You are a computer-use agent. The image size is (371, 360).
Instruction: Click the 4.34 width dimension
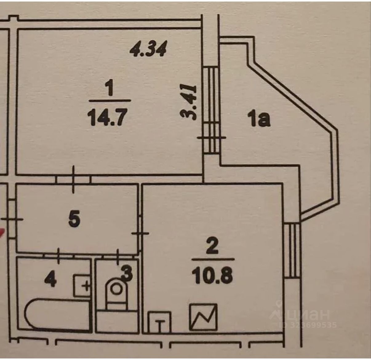click(x=148, y=49)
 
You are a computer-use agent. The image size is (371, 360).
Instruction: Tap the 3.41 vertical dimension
click(x=188, y=102)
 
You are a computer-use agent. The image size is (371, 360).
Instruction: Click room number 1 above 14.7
click(x=110, y=89)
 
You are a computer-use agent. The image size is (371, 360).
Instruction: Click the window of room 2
click(x=292, y=250)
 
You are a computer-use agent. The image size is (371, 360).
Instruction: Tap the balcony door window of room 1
click(x=212, y=111)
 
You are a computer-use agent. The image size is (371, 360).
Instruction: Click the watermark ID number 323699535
click(x=307, y=325)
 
